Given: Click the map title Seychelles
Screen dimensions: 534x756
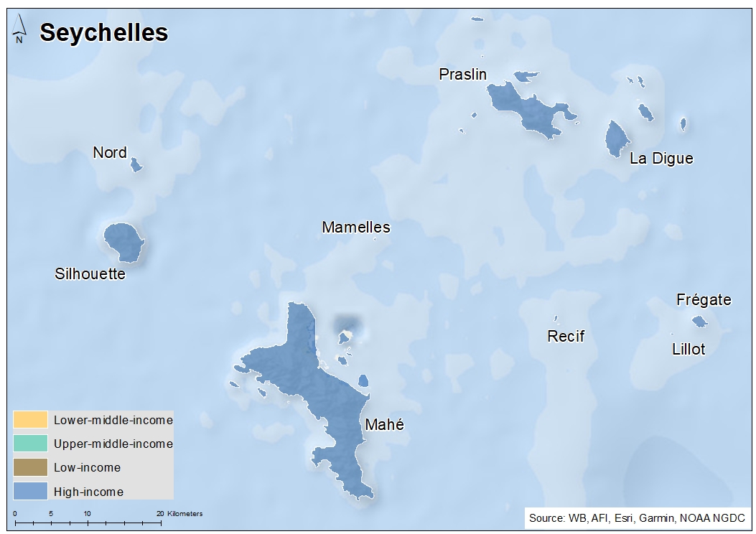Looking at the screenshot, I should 103,32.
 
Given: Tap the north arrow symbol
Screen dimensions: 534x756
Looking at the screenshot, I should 20,29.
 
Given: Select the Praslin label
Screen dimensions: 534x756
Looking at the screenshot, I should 463,74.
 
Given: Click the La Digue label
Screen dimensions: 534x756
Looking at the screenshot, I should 661,159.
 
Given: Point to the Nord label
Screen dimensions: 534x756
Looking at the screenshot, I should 110,152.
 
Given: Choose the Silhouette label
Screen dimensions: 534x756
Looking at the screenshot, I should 90,274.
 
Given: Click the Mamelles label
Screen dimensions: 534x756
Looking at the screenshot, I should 356,228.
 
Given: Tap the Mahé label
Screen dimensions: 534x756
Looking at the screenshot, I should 384,425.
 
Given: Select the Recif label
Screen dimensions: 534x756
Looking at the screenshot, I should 566,336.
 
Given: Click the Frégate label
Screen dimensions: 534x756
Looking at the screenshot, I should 704,300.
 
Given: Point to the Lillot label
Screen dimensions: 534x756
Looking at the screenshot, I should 689,350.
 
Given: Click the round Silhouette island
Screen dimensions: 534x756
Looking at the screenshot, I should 123,241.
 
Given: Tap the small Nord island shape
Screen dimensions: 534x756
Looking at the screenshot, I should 136,165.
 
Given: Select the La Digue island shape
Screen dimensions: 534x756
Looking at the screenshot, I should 616,138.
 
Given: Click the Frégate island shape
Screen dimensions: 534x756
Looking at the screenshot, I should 699,322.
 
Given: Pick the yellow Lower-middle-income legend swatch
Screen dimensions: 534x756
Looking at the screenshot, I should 30,419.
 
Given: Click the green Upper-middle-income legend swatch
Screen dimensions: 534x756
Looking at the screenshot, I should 30,444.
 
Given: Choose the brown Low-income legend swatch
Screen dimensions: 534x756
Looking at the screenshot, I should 30,467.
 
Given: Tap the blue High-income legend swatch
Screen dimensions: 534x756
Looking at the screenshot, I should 30,492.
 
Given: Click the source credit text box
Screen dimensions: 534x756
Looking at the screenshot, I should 637,517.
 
